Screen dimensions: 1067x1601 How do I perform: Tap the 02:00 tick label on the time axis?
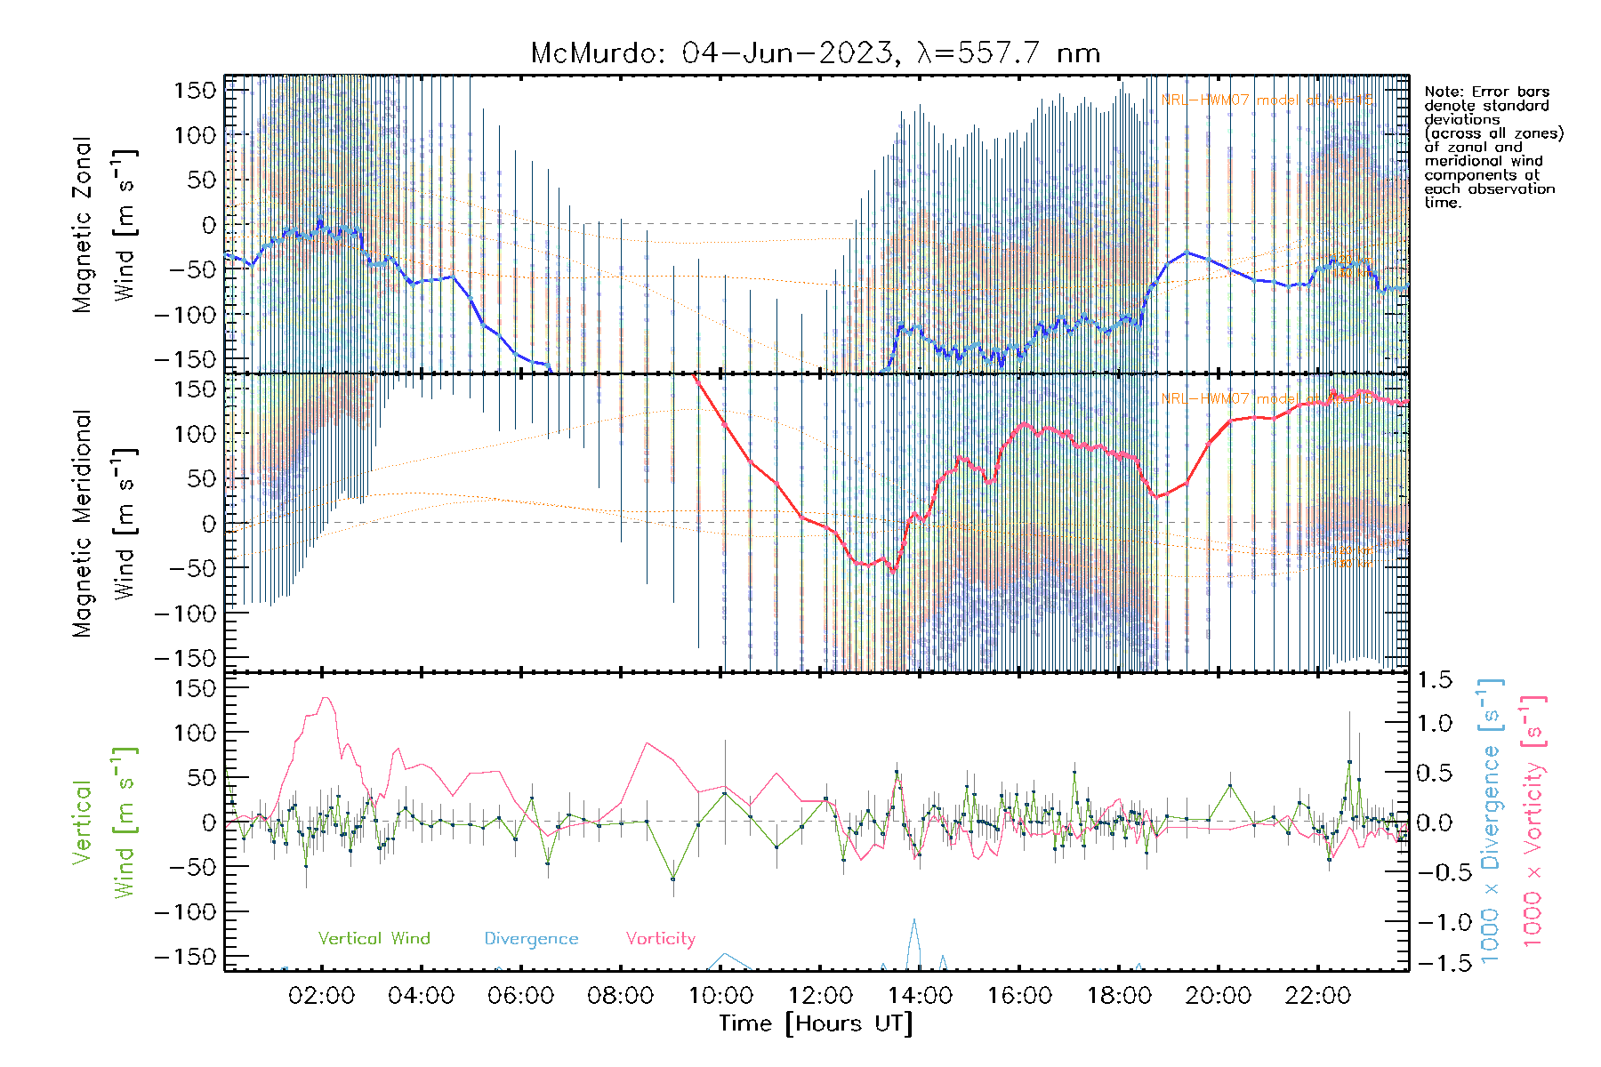click(x=321, y=996)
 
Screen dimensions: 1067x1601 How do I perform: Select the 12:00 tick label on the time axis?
click(x=819, y=996)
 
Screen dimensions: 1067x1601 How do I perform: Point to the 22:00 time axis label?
click(x=1317, y=996)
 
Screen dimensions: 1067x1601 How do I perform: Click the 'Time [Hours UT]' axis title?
click(x=816, y=1023)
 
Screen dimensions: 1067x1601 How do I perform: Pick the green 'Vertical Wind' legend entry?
click(x=374, y=938)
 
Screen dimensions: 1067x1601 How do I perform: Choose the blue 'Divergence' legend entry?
click(x=531, y=938)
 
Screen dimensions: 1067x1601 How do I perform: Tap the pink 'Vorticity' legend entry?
click(x=660, y=938)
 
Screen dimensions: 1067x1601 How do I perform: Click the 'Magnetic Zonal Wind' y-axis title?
click(x=104, y=225)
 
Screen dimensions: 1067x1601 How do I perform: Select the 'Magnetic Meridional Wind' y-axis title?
click(x=104, y=524)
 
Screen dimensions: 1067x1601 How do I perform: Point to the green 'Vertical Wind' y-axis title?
click(x=104, y=822)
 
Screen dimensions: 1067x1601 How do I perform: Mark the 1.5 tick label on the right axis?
click(x=1434, y=680)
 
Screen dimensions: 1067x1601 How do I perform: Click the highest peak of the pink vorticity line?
click(x=326, y=698)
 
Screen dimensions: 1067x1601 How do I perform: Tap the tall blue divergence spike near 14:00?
click(x=913, y=921)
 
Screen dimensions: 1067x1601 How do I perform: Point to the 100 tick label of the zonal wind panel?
click(x=196, y=135)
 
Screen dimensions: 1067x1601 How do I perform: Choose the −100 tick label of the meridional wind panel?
click(x=186, y=613)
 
